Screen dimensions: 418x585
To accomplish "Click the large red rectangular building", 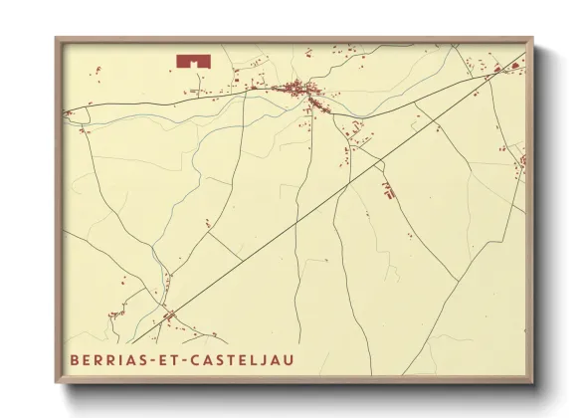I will (194, 61).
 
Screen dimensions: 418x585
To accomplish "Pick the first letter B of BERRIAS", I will (76, 358).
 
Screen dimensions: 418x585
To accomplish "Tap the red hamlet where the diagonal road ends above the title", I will (168, 316).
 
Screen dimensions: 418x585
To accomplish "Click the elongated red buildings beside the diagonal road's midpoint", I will (387, 189).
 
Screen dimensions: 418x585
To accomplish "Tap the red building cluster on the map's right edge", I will (518, 159).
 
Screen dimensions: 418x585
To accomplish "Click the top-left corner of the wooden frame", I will (57, 39).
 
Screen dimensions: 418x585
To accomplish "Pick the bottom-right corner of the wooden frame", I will (532, 382).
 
